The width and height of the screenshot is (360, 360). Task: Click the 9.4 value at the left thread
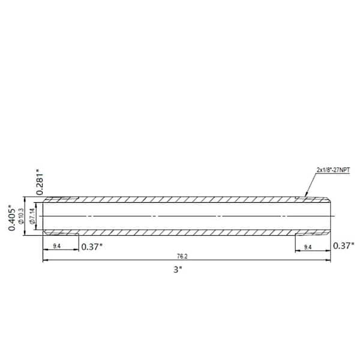(57, 246)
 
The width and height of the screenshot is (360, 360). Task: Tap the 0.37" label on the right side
(344, 245)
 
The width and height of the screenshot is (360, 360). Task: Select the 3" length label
(178, 270)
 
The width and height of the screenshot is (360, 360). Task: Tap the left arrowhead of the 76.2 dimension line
(45, 260)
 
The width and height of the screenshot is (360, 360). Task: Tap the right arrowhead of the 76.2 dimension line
(328, 260)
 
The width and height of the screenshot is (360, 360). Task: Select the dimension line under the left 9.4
(61, 251)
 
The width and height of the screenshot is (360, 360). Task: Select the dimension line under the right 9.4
(312, 251)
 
